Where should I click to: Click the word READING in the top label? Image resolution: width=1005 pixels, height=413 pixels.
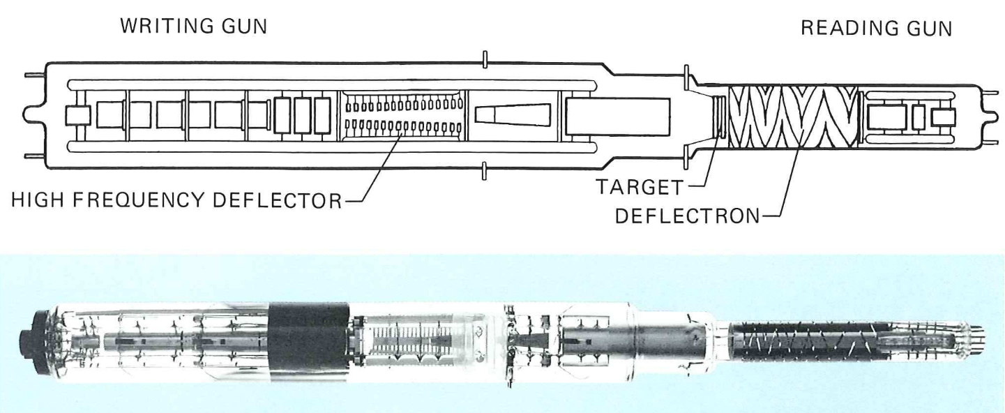click(x=847, y=29)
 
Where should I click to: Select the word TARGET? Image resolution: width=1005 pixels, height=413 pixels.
click(x=640, y=187)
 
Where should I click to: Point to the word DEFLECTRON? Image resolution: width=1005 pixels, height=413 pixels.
click(x=688, y=216)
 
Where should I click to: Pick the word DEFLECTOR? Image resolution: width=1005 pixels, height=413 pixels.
click(x=277, y=200)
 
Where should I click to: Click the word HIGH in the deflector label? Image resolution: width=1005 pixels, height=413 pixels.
click(x=37, y=200)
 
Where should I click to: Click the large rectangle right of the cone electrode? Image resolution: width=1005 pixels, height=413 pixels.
click(x=617, y=116)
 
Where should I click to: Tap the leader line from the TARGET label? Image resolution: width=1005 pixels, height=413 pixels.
click(x=706, y=156)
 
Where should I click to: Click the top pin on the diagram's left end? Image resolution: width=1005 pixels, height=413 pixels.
click(x=36, y=75)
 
